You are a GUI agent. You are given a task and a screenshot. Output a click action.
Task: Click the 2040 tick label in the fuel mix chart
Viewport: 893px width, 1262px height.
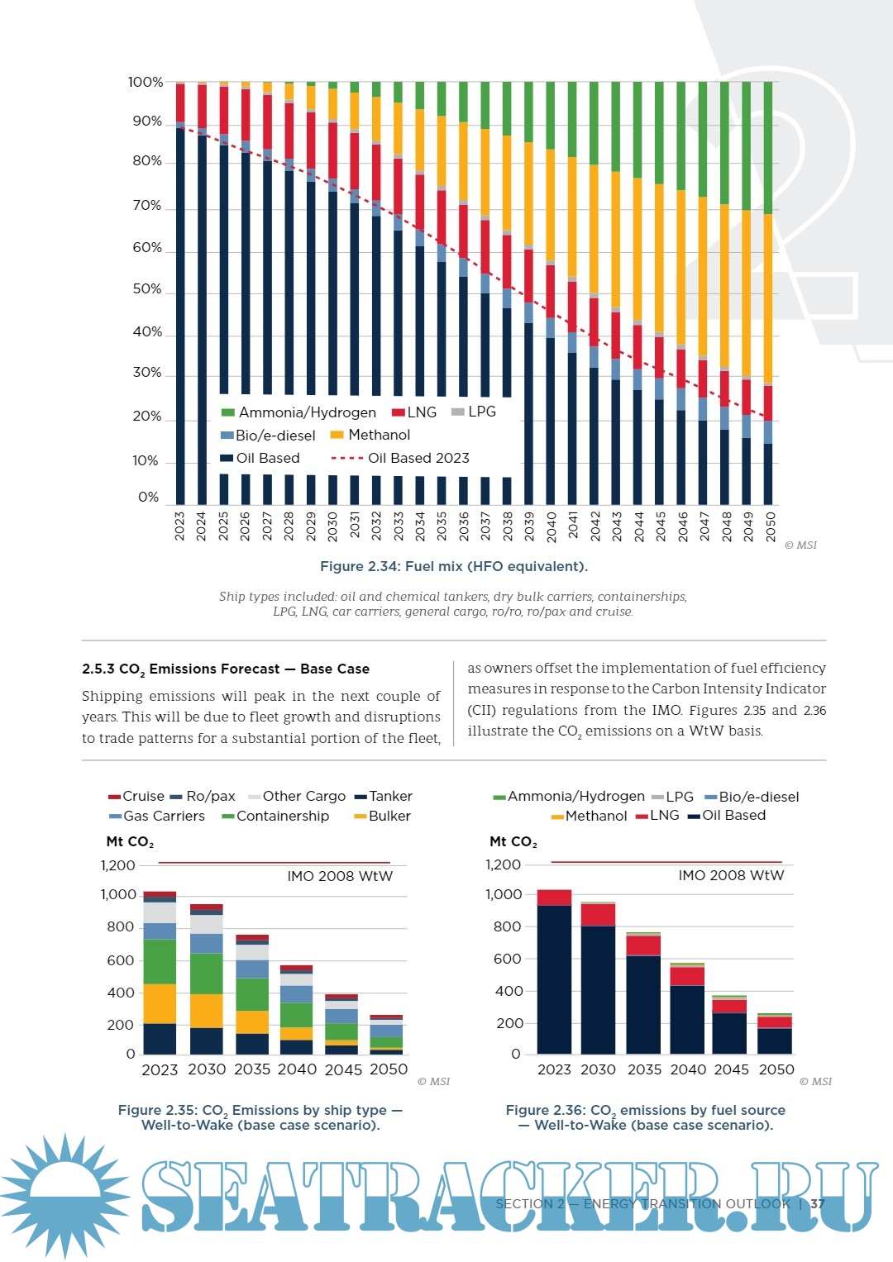pos(552,526)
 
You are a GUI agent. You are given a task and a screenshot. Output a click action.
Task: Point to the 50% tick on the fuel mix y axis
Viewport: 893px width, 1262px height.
pos(147,289)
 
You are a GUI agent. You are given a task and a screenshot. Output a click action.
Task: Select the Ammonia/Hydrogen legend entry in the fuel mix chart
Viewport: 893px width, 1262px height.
pos(298,412)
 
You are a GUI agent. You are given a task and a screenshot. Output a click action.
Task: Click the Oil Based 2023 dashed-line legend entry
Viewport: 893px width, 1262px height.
pos(400,458)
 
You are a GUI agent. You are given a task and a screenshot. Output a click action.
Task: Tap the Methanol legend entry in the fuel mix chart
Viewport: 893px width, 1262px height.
pos(370,435)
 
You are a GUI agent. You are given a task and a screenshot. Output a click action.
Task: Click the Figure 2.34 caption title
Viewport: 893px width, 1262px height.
pos(454,566)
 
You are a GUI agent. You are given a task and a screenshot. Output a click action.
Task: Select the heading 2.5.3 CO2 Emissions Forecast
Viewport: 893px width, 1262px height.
pos(226,669)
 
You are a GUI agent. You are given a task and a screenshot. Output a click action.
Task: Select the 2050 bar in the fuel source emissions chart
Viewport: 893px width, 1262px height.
pos(775,1033)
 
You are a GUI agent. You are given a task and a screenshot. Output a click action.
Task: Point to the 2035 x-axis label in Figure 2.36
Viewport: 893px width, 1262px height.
pos(644,1069)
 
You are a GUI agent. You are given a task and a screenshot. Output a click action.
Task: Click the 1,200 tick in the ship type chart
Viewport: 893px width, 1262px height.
pos(118,865)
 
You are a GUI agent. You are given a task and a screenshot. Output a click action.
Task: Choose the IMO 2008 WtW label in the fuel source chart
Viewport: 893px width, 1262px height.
pos(731,875)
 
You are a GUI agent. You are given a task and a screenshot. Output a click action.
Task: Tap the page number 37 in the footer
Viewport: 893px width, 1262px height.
pos(818,1204)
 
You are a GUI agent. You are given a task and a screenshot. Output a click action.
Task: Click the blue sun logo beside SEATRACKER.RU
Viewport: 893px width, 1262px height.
pos(64,1195)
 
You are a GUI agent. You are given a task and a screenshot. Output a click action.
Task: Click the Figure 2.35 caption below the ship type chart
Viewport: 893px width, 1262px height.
pos(260,1117)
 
